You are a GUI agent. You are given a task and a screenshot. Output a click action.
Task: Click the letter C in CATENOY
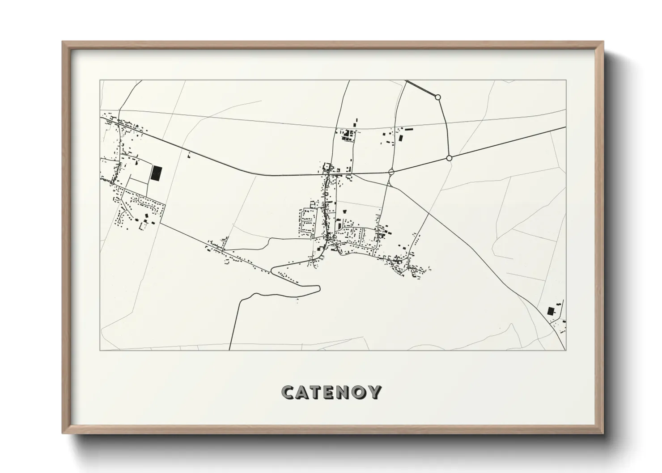(x=289, y=392)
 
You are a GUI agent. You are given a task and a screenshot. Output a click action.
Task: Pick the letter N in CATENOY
(x=348, y=392)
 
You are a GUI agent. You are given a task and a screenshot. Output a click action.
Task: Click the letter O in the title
(x=363, y=392)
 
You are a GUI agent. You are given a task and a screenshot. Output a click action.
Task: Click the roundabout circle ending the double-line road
(x=438, y=97)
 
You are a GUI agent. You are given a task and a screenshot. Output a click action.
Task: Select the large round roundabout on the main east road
(x=449, y=158)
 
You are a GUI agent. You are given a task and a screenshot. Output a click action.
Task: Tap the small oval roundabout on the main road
(x=391, y=171)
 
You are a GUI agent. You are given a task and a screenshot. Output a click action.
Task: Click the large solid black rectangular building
(x=156, y=173)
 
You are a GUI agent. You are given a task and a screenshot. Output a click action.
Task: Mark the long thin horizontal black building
(x=409, y=129)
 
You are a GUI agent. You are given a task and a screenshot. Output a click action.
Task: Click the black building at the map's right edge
(x=551, y=311)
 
